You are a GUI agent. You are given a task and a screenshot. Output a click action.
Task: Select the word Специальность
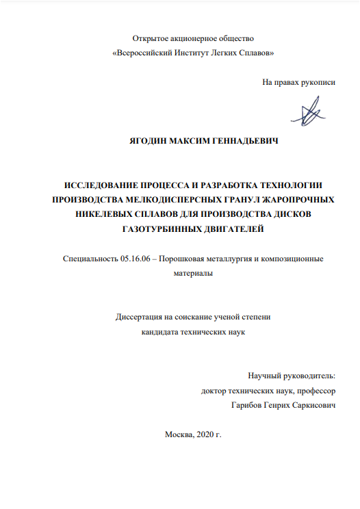90,259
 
